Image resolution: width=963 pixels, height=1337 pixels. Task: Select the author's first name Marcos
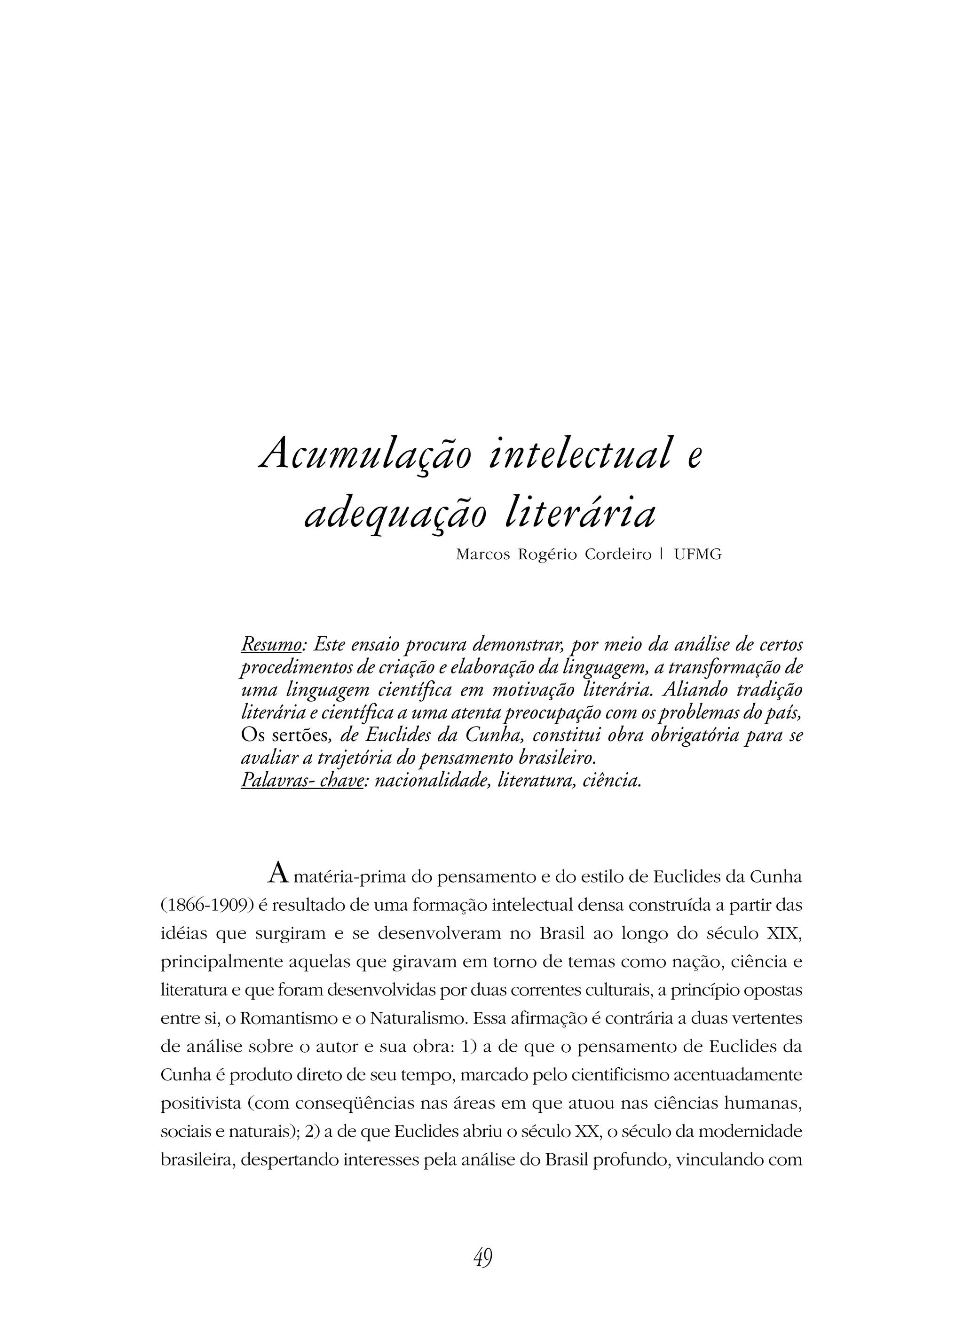pos(482,555)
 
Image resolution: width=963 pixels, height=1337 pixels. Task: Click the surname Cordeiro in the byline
pos(618,555)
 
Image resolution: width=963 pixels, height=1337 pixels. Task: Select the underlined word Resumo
pos(271,644)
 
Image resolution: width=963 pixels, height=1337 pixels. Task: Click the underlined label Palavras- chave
pos(301,781)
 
